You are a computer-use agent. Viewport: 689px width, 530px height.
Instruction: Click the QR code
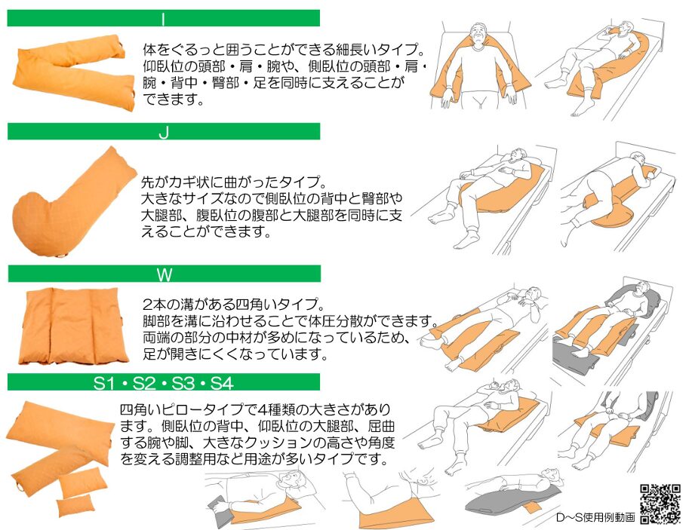(x=660, y=504)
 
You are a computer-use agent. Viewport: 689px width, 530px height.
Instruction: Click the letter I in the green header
(x=163, y=20)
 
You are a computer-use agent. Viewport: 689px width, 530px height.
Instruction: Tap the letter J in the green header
(x=164, y=132)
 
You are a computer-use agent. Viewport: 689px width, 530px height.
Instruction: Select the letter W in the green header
(x=165, y=275)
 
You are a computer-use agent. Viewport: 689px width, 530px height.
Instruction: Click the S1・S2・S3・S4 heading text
(x=163, y=383)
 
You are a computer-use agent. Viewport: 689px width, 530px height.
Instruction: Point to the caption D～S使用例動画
(x=595, y=517)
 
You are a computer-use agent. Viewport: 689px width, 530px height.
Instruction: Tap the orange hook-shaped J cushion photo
(x=72, y=202)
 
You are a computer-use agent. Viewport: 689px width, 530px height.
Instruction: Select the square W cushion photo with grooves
(x=72, y=326)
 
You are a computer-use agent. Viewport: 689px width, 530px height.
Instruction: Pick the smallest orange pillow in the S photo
(x=75, y=505)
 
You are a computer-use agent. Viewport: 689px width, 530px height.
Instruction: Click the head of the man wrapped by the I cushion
(x=479, y=34)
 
